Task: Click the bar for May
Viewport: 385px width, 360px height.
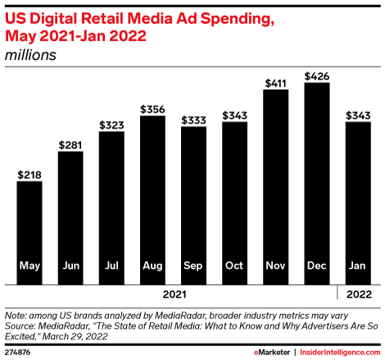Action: (x=29, y=230)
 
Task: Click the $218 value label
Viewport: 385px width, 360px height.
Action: (x=29, y=175)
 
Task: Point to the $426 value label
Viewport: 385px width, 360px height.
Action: (x=316, y=76)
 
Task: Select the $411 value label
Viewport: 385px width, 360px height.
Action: (x=275, y=84)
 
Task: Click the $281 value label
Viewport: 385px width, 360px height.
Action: (x=70, y=145)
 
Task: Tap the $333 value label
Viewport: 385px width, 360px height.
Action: (x=193, y=120)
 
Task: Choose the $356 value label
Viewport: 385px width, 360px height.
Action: (x=152, y=109)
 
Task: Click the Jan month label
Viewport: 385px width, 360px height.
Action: (x=357, y=267)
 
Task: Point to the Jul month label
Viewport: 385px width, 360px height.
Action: (x=111, y=267)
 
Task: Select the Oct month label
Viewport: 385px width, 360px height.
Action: (x=234, y=267)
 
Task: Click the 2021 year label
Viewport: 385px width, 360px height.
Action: (x=173, y=293)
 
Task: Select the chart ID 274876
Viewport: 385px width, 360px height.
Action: (x=18, y=351)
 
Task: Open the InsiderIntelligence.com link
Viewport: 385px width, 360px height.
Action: (x=337, y=351)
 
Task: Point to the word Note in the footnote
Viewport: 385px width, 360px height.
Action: (x=16, y=314)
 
